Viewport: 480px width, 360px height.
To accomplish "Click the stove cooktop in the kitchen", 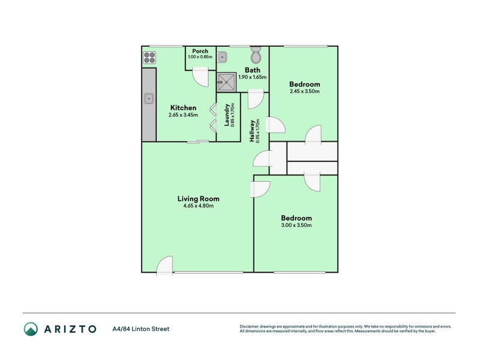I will (x=149, y=58).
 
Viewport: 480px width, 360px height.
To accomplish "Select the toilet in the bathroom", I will (x=256, y=56).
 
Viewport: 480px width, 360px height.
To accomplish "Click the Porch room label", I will (x=200, y=51).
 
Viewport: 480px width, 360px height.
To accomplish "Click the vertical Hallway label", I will (x=252, y=130).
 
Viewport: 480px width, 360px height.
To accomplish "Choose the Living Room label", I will (x=198, y=199).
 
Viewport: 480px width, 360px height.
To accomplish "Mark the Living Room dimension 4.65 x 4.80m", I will (x=198, y=206).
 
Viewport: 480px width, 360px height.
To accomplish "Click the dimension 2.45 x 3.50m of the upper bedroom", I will (x=304, y=91).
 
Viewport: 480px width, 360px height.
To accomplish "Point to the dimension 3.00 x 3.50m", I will (x=296, y=225).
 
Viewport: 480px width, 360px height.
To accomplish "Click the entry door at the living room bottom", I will (x=165, y=266).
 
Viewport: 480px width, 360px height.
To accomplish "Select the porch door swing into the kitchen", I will (x=200, y=75).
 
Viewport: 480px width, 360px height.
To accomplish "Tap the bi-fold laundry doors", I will (x=212, y=117).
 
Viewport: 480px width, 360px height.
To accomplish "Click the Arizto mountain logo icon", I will (x=31, y=328).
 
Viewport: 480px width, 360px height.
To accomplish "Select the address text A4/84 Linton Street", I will (x=140, y=329).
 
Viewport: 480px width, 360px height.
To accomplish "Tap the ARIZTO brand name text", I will (x=69, y=329).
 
